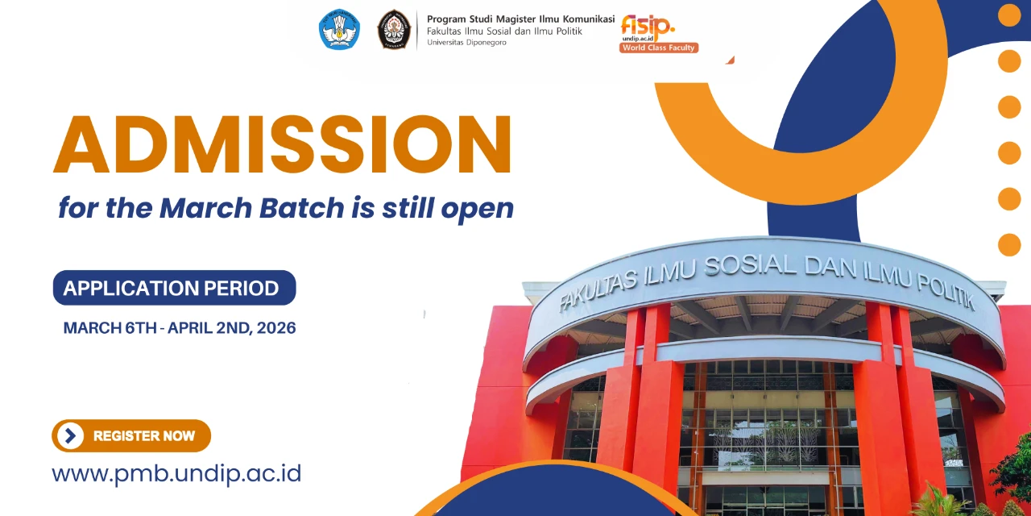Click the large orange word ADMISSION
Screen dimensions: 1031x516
click(x=282, y=144)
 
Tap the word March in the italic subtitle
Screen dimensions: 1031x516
click(x=206, y=208)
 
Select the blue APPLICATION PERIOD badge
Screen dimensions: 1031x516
click(x=175, y=288)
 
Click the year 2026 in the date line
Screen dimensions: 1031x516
click(x=276, y=328)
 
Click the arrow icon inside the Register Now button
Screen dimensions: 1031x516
click(x=70, y=436)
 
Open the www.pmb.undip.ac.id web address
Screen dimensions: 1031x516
click(x=176, y=473)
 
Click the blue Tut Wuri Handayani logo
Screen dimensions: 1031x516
click(x=339, y=29)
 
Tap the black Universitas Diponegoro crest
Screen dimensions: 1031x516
click(x=394, y=29)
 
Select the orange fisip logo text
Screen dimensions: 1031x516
click(x=648, y=27)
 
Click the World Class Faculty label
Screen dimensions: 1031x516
click(x=659, y=48)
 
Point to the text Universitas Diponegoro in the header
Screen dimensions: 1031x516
click(x=466, y=43)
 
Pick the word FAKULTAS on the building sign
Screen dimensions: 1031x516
click(x=598, y=289)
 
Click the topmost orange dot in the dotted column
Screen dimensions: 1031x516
click(x=1010, y=15)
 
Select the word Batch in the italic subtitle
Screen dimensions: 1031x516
click(x=302, y=208)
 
